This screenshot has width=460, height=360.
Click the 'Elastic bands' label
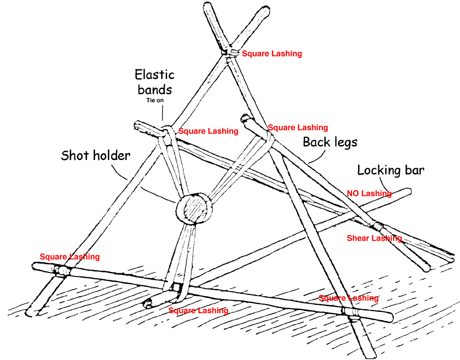pos(154,82)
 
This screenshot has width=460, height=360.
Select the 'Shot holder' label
pos(95,155)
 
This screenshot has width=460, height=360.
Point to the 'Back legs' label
pos(330,142)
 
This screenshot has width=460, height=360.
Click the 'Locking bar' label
pos(391,170)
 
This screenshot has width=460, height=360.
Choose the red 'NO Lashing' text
pos(369,194)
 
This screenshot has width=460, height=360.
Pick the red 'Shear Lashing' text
pos(374,238)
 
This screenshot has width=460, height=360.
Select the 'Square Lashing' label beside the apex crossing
pos(272,54)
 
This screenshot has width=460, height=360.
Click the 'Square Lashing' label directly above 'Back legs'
pos(297,127)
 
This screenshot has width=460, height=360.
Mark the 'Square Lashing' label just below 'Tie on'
pos(208,131)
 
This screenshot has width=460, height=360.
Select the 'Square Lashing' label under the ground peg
pos(198,310)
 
